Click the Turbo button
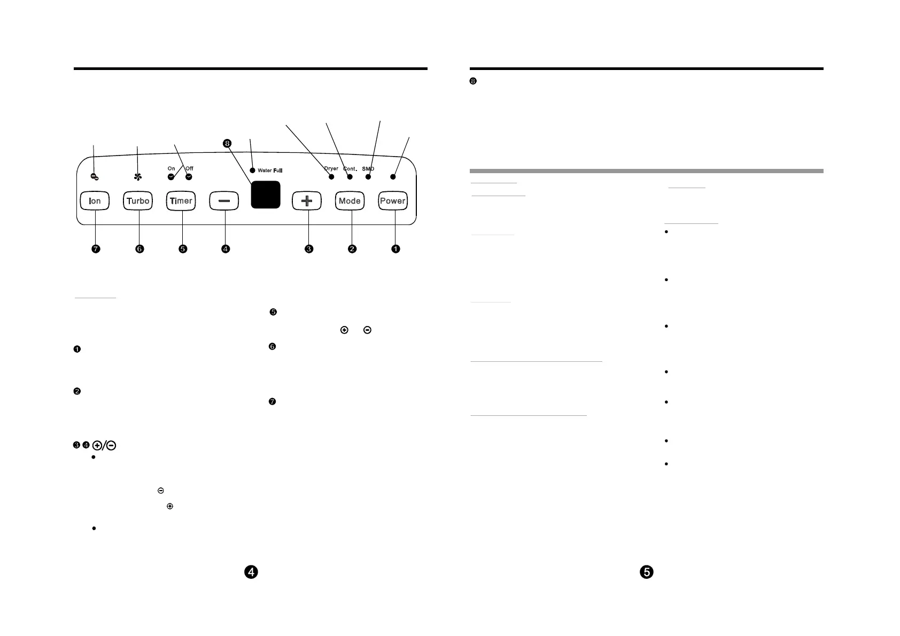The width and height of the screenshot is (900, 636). pyautogui.click(x=138, y=201)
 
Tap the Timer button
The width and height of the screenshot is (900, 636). pyautogui.click(x=181, y=201)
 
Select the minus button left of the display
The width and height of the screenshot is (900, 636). pyautogui.click(x=224, y=201)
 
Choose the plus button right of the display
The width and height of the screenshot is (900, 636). pyautogui.click(x=307, y=201)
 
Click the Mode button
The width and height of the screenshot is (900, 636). pyautogui.click(x=350, y=201)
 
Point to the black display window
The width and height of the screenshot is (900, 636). pyautogui.click(x=266, y=195)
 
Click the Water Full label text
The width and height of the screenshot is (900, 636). pyautogui.click(x=270, y=170)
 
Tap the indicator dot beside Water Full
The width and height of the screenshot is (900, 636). pyautogui.click(x=252, y=170)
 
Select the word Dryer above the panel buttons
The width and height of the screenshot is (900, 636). pyautogui.click(x=331, y=169)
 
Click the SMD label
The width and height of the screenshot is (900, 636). pyautogui.click(x=368, y=169)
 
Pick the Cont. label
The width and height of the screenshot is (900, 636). pyautogui.click(x=350, y=169)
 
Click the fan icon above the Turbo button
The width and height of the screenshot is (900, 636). pyautogui.click(x=137, y=176)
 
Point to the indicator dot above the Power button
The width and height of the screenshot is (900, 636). pyautogui.click(x=393, y=176)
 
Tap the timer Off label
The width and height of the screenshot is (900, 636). pyautogui.click(x=189, y=168)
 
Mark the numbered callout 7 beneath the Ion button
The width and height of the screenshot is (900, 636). pyautogui.click(x=96, y=249)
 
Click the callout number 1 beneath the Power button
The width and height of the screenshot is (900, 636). pyautogui.click(x=395, y=249)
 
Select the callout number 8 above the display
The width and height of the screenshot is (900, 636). pyautogui.click(x=227, y=143)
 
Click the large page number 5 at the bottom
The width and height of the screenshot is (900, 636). pyautogui.click(x=647, y=572)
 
